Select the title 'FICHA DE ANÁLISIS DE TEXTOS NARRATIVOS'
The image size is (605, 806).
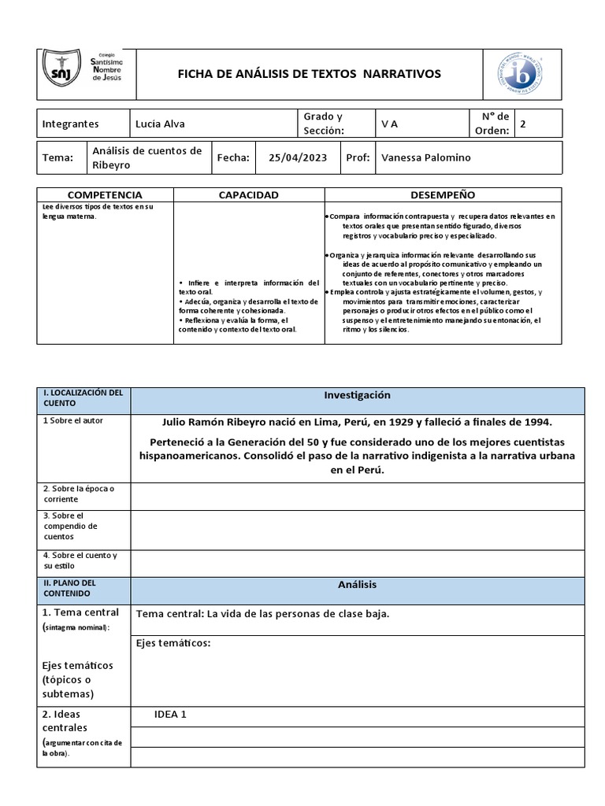309,74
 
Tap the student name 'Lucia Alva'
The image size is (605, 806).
160,124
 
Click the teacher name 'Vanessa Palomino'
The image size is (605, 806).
426,157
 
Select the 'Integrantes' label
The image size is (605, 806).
70,124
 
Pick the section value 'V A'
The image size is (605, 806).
389,124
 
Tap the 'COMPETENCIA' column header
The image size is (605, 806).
105,194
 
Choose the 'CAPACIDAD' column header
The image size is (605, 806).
248,194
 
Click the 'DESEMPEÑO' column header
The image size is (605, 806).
443,194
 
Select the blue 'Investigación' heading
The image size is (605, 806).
357,395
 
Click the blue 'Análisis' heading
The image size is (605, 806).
357,584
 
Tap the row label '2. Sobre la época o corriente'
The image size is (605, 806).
79,494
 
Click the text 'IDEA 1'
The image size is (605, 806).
171,715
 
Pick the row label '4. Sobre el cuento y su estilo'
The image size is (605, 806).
80,560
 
